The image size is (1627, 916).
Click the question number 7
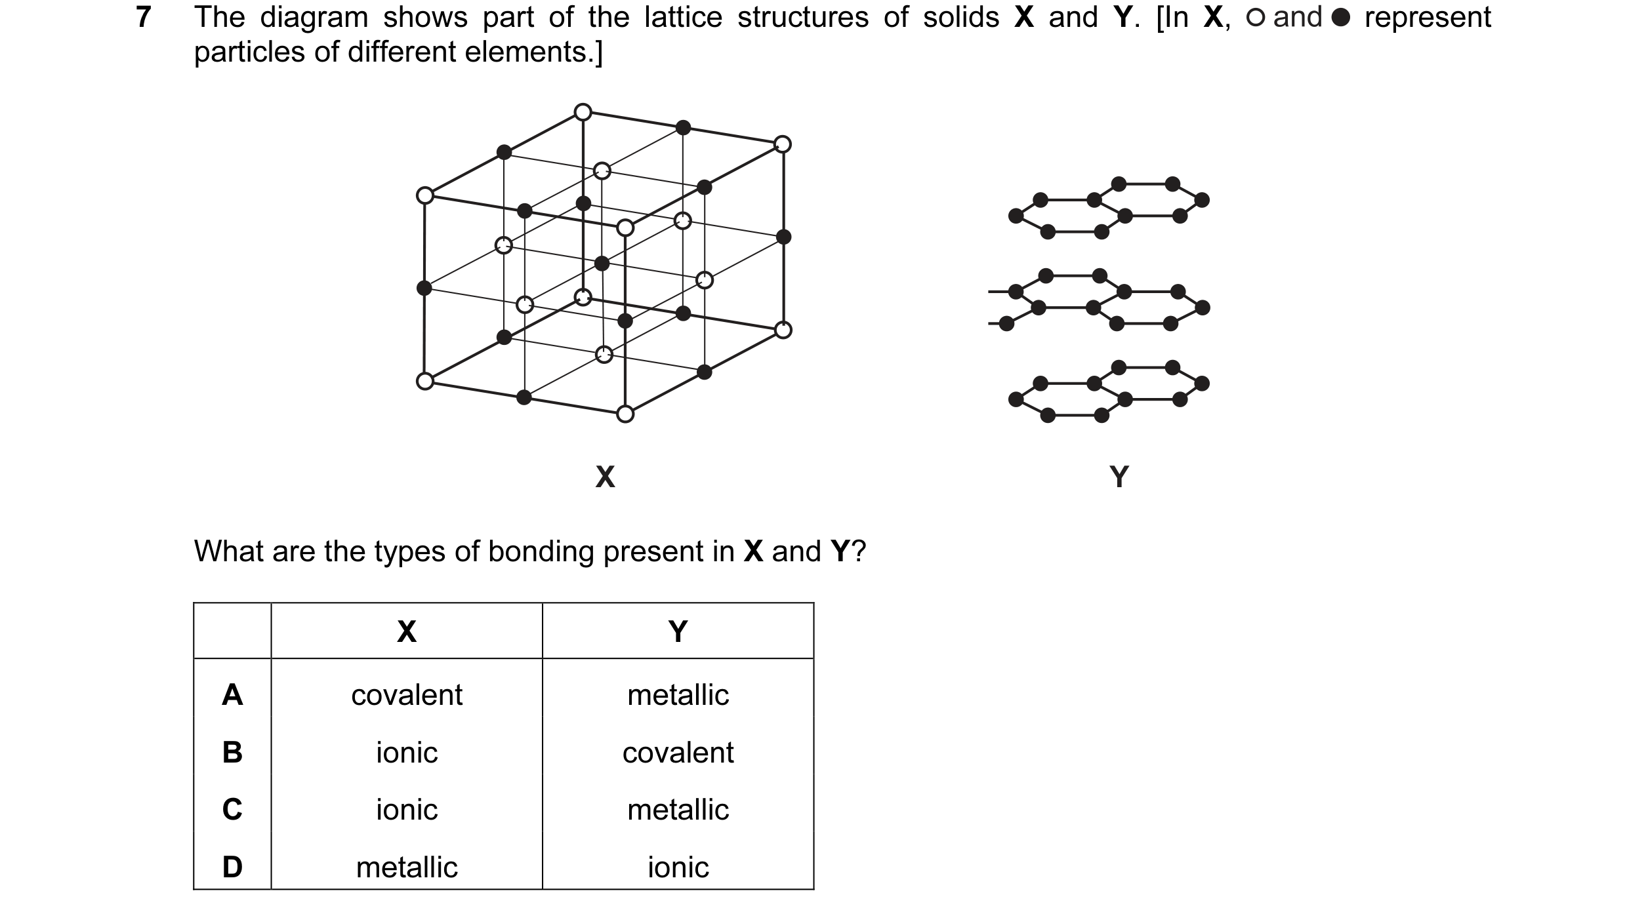tap(144, 17)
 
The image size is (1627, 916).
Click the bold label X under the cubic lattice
tap(605, 477)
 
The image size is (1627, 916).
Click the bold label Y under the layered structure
tap(1119, 477)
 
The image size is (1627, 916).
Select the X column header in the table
tap(407, 631)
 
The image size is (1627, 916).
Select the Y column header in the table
tap(678, 631)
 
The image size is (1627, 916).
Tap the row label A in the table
tap(232, 694)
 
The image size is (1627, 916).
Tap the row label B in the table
tap(232, 752)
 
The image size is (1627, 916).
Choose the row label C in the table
tap(232, 809)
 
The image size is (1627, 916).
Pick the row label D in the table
tap(232, 867)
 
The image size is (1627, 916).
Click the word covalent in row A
tap(407, 695)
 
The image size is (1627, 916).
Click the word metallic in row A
tap(678, 695)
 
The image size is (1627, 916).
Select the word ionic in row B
tap(407, 753)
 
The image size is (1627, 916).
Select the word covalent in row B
tap(678, 753)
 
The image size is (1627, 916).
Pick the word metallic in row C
tap(678, 810)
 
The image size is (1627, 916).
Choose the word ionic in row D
tap(678, 867)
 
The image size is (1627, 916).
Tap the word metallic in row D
tap(407, 867)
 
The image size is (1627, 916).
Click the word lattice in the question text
tap(683, 17)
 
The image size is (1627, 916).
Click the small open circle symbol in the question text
tap(1255, 18)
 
